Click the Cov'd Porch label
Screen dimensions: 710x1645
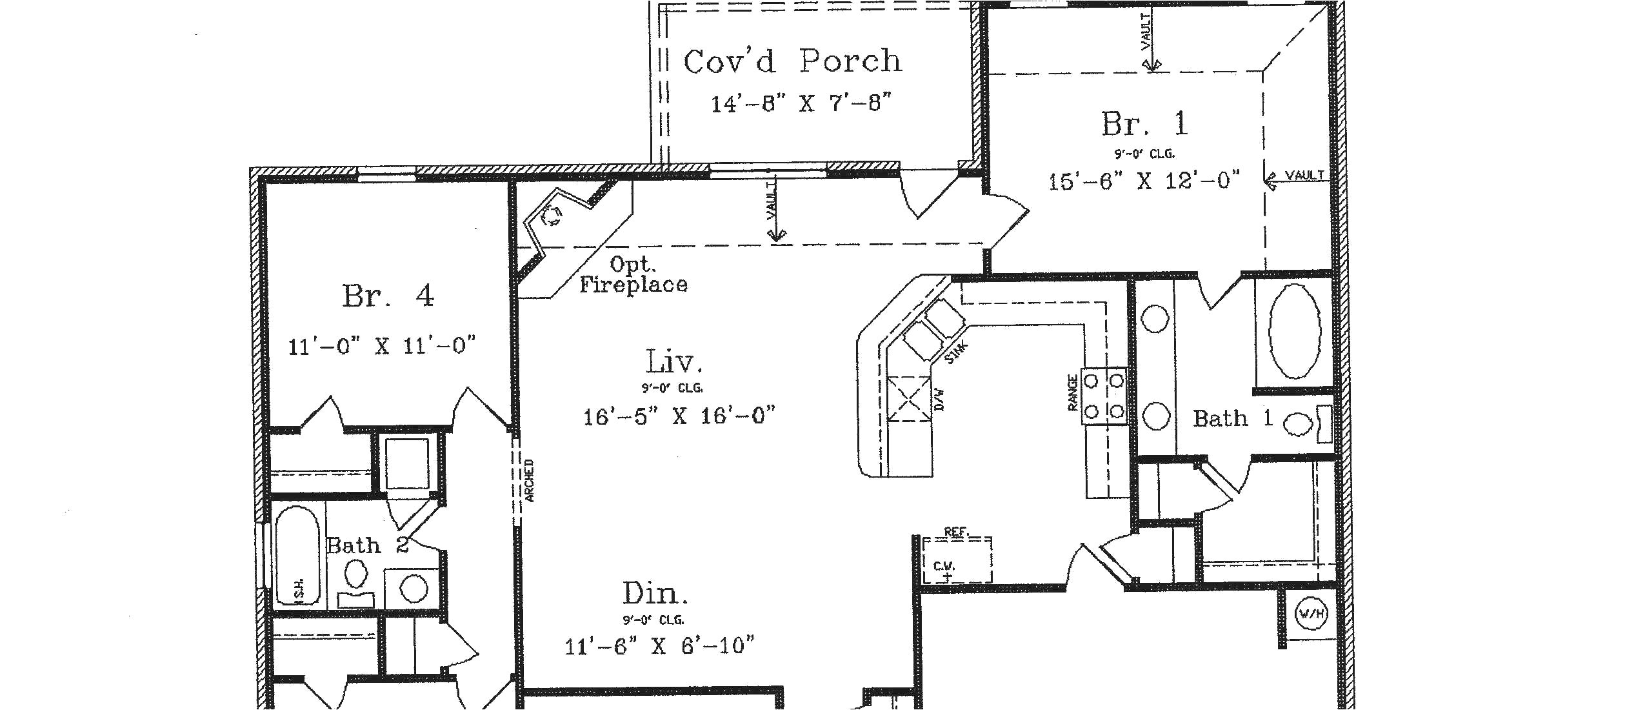792,62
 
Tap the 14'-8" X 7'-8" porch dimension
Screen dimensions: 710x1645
801,103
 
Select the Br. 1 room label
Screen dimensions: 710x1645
1144,124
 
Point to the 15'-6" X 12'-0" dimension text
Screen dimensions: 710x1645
1143,181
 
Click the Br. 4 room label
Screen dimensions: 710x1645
388,296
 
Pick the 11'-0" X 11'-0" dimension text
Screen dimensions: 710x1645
381,346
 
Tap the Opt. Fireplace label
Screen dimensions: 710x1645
633,275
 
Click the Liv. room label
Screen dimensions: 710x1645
673,362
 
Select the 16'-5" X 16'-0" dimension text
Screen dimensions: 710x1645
679,416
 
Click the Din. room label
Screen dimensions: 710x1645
655,593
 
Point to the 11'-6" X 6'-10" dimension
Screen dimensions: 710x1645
659,645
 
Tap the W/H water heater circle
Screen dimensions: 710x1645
1311,613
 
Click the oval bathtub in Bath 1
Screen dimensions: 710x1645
1294,331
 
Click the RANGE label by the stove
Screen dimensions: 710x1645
1072,392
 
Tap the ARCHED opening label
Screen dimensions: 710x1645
529,481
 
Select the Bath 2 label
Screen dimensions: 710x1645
367,545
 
